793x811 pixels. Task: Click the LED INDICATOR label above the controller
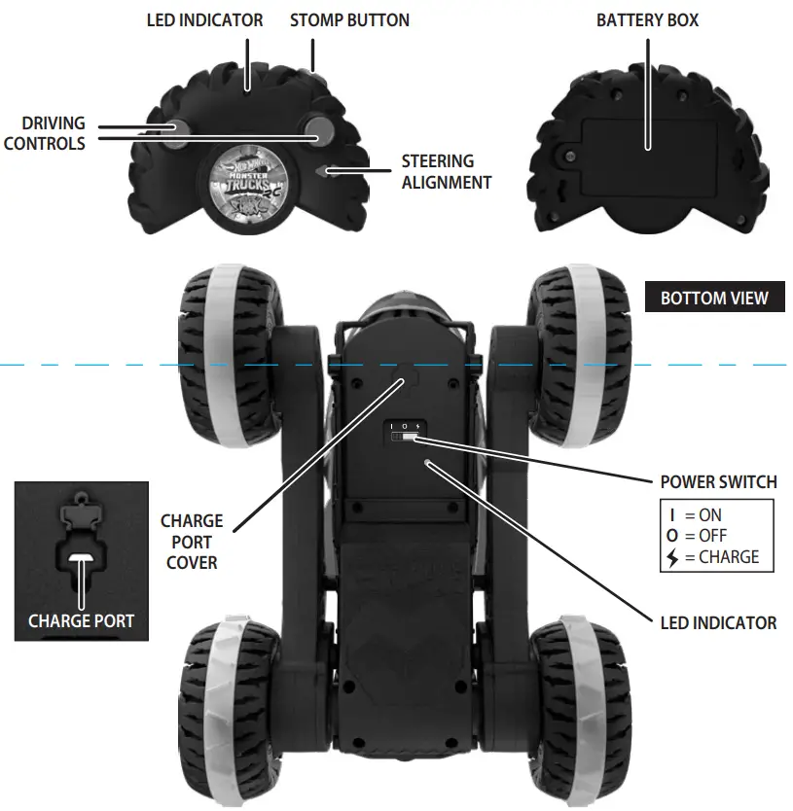204,19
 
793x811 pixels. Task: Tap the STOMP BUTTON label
349,19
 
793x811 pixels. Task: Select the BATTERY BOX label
647,19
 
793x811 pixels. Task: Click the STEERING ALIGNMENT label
447,171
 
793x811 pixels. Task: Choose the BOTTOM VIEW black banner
714,298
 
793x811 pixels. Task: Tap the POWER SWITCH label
718,481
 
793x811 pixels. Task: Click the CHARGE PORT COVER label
192,542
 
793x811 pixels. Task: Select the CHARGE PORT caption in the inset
82,620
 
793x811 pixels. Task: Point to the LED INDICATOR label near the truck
718,622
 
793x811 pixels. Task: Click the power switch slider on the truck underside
402,440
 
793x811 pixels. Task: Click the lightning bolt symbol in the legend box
672,557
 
